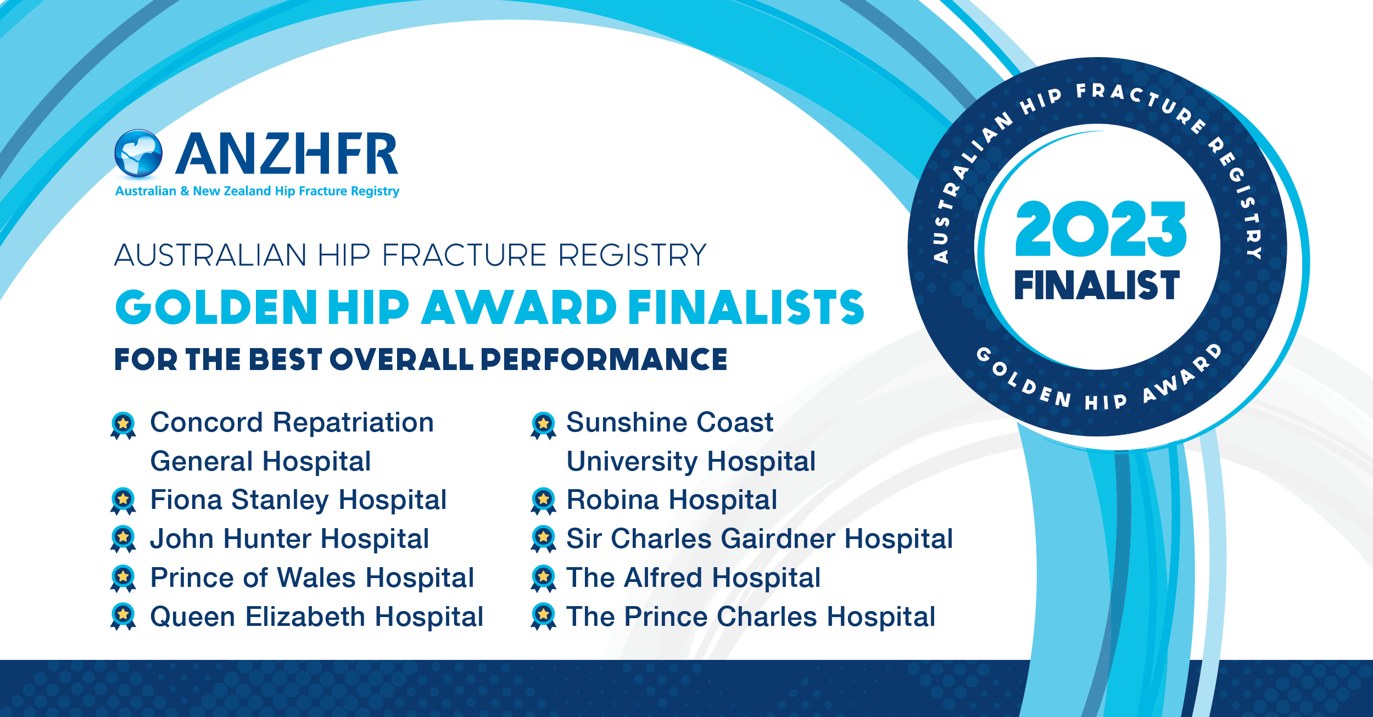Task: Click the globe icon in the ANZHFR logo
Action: pos(138,154)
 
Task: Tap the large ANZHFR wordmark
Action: pos(287,154)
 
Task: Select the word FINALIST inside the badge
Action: pos(1097,285)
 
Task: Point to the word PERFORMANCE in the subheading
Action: pos(604,360)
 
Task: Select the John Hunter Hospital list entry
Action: pos(289,539)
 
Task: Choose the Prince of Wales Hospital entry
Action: pos(312,578)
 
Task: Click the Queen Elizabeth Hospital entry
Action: pos(317,617)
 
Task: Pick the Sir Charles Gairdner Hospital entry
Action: pos(760,539)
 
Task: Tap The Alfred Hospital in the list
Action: pos(694,578)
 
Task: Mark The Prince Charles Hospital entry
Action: pos(751,617)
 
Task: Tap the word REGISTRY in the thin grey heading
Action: pos(632,255)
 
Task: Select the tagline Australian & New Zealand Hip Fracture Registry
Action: pos(257,191)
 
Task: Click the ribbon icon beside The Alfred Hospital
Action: pos(544,579)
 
